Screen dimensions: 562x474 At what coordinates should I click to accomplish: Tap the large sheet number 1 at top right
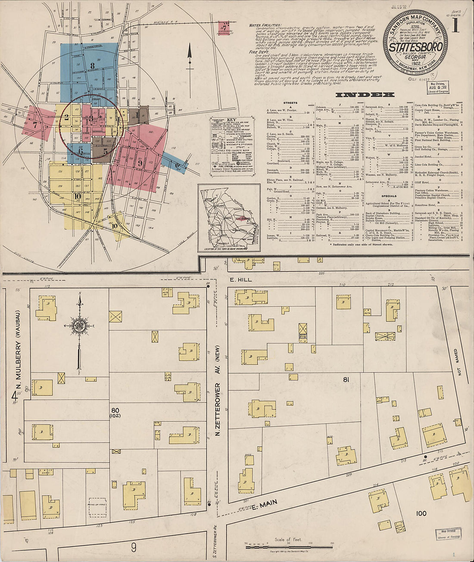[455, 26]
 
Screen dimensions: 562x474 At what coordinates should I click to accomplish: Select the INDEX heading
[365, 95]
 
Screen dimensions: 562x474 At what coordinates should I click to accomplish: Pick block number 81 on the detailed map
[346, 379]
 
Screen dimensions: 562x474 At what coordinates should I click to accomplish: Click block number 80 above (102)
[115, 410]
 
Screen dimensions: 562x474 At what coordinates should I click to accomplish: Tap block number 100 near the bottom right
[421, 513]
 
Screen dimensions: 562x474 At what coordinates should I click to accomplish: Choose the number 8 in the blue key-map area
[92, 66]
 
